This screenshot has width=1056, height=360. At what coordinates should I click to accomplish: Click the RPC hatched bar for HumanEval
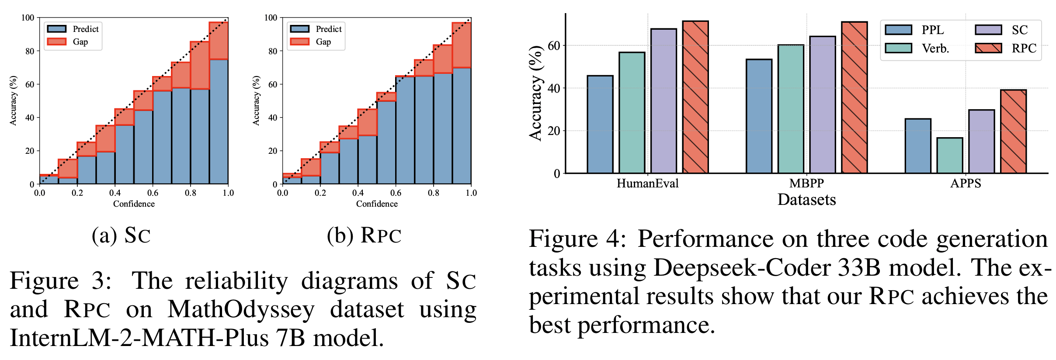(x=695, y=97)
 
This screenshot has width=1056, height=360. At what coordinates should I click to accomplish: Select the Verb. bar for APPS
(x=949, y=156)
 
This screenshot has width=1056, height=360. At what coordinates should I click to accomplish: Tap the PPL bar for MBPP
(x=759, y=116)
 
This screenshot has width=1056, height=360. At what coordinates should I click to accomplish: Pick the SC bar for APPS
(x=981, y=142)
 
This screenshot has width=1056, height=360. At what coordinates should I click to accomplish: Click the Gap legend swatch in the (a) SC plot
(x=56, y=42)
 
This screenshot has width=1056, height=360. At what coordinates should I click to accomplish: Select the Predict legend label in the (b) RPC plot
(x=328, y=29)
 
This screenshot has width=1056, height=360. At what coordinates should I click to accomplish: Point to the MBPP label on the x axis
(x=806, y=183)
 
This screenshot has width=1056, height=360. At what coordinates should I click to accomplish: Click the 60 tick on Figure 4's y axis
(x=553, y=45)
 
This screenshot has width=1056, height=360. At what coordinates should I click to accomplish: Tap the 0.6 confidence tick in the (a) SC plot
(x=153, y=193)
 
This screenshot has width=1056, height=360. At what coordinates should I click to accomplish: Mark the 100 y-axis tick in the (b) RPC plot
(x=271, y=17)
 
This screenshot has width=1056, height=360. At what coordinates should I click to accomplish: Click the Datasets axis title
(x=806, y=200)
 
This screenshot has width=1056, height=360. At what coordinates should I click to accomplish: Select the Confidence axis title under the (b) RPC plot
(x=377, y=204)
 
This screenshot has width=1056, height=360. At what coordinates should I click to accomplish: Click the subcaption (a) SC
(x=121, y=235)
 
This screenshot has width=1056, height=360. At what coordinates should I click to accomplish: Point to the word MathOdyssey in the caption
(x=241, y=309)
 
